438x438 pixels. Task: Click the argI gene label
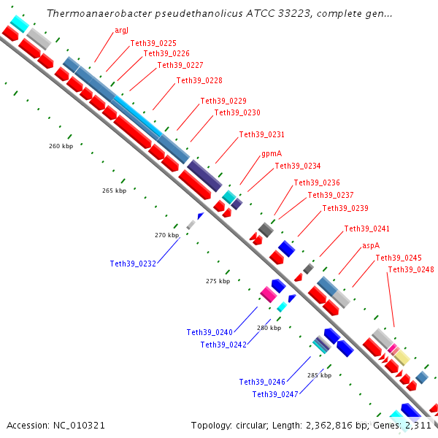[122, 30]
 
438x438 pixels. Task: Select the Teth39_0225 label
[153, 43]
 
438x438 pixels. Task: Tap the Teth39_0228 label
[199, 80]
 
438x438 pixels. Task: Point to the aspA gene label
[371, 246]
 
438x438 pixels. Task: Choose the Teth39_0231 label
[262, 134]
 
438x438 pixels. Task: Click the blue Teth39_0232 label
[133, 264]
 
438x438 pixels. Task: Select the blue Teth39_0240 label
[210, 332]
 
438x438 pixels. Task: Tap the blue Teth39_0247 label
[275, 394]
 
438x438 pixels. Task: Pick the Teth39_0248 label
[411, 269]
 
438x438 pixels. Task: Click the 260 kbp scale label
[61, 146]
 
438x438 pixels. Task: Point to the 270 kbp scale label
[167, 235]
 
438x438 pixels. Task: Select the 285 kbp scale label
[319, 375]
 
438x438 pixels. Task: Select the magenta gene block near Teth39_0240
[268, 294]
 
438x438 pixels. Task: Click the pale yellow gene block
[401, 358]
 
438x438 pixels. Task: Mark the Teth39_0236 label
[317, 182]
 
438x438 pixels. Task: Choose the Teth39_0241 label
[367, 229]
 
